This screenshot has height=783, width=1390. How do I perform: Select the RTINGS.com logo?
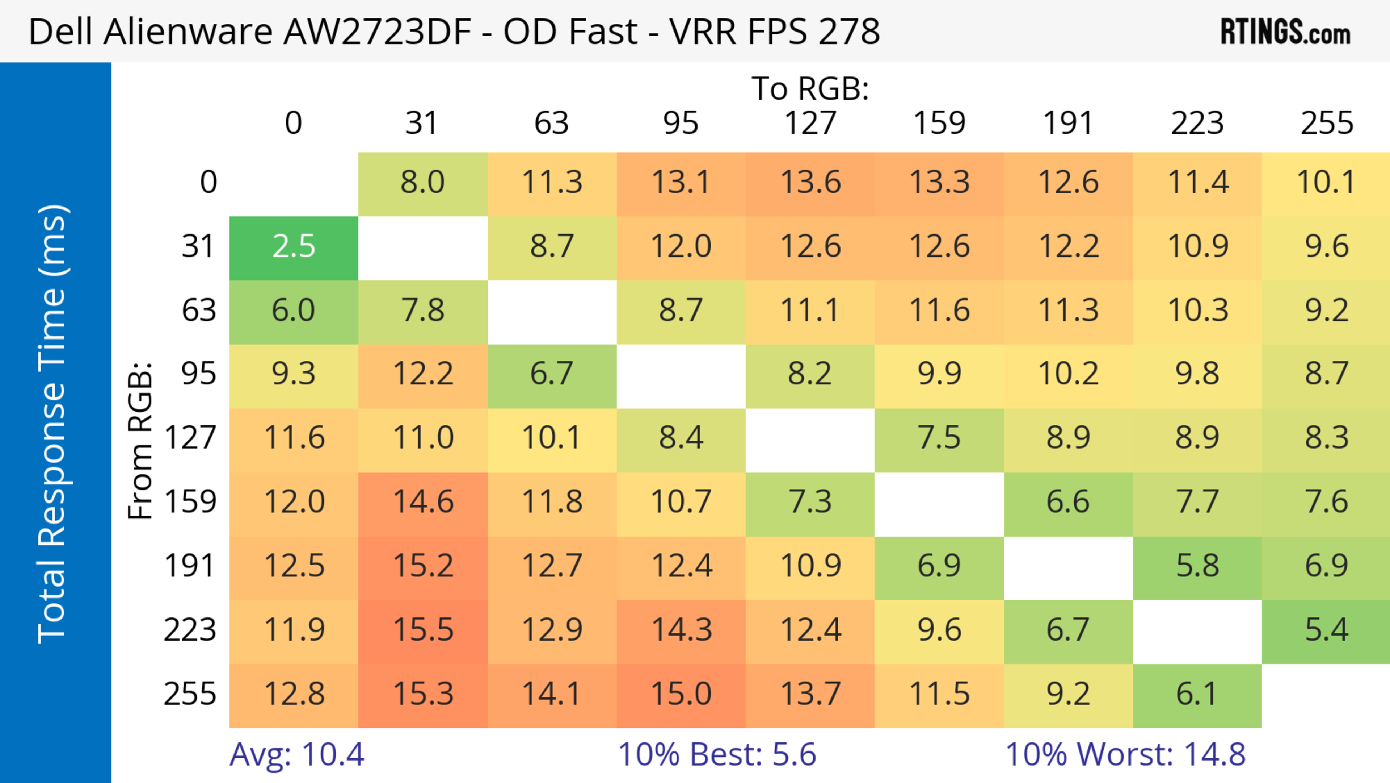coord(1285,32)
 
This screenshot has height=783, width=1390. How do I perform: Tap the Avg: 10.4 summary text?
coord(297,754)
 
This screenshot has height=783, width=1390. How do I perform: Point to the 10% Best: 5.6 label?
coord(717,754)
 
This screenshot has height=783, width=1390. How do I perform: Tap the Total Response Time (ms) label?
coord(53,424)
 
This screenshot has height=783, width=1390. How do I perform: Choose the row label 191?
coord(190,566)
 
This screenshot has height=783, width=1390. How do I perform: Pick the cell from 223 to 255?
coord(1326,630)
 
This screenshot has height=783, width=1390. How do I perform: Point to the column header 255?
coord(1326,123)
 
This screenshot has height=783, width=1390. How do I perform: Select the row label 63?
coord(199,311)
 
